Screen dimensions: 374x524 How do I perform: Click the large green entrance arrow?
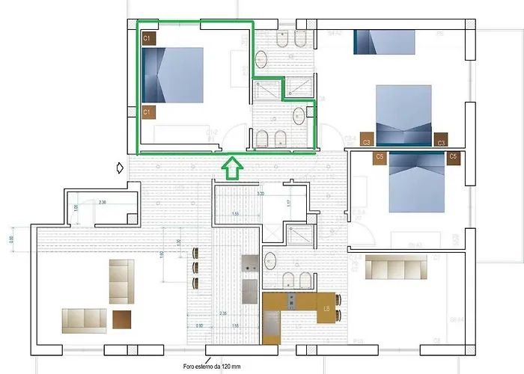pos(232,168)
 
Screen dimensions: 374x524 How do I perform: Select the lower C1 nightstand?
pos(148,112)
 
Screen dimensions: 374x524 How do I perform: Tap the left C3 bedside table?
pos(367,140)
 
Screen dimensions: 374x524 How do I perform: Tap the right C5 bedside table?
pos(452,157)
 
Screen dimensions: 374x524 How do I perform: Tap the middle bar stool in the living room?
pos(197,267)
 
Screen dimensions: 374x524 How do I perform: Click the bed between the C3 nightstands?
pos(403,114)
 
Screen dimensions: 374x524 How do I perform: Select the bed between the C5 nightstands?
pos(416,182)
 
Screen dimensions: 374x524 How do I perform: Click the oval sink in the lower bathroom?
pos(271,260)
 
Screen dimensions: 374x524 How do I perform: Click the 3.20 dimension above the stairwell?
pos(261,193)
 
